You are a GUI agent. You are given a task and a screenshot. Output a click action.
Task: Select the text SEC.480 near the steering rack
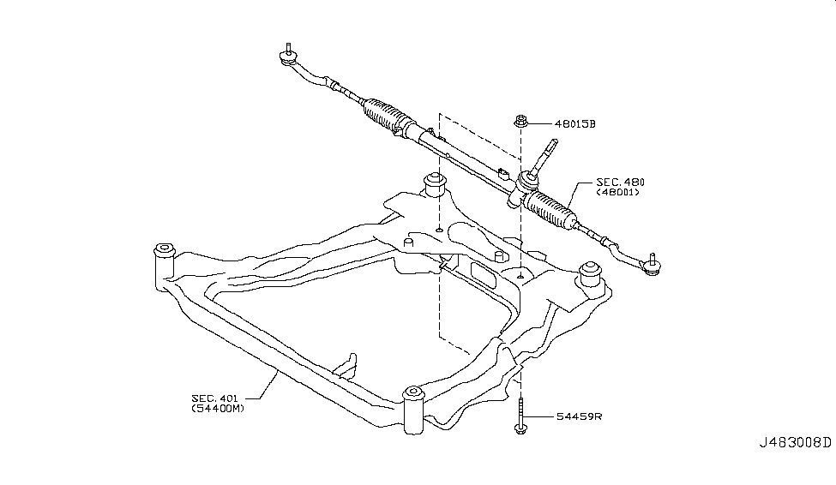620,183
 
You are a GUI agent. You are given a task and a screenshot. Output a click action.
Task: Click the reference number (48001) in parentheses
620,195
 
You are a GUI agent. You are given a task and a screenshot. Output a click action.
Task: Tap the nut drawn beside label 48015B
520,122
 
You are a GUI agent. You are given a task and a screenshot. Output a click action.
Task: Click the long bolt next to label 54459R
520,416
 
